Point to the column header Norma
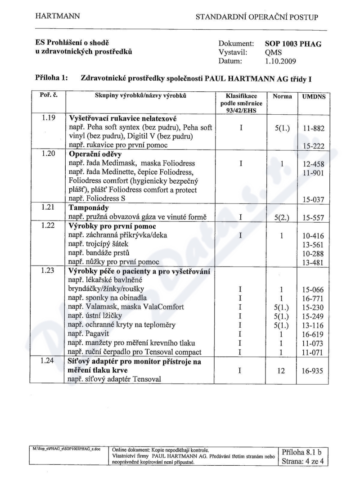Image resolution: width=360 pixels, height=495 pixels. pyautogui.click(x=282, y=97)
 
